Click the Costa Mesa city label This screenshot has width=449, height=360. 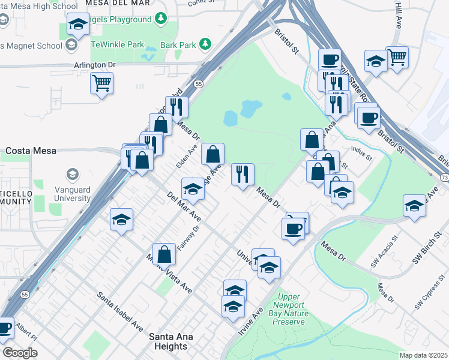[28, 150]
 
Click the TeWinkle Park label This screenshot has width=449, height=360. [118, 44]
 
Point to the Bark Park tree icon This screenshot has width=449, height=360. [205, 44]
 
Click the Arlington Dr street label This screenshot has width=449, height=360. [94, 64]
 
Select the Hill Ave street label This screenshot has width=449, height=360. [398, 15]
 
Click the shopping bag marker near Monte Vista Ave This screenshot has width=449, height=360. [164, 254]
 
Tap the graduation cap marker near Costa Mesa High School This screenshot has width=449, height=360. [77, 25]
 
